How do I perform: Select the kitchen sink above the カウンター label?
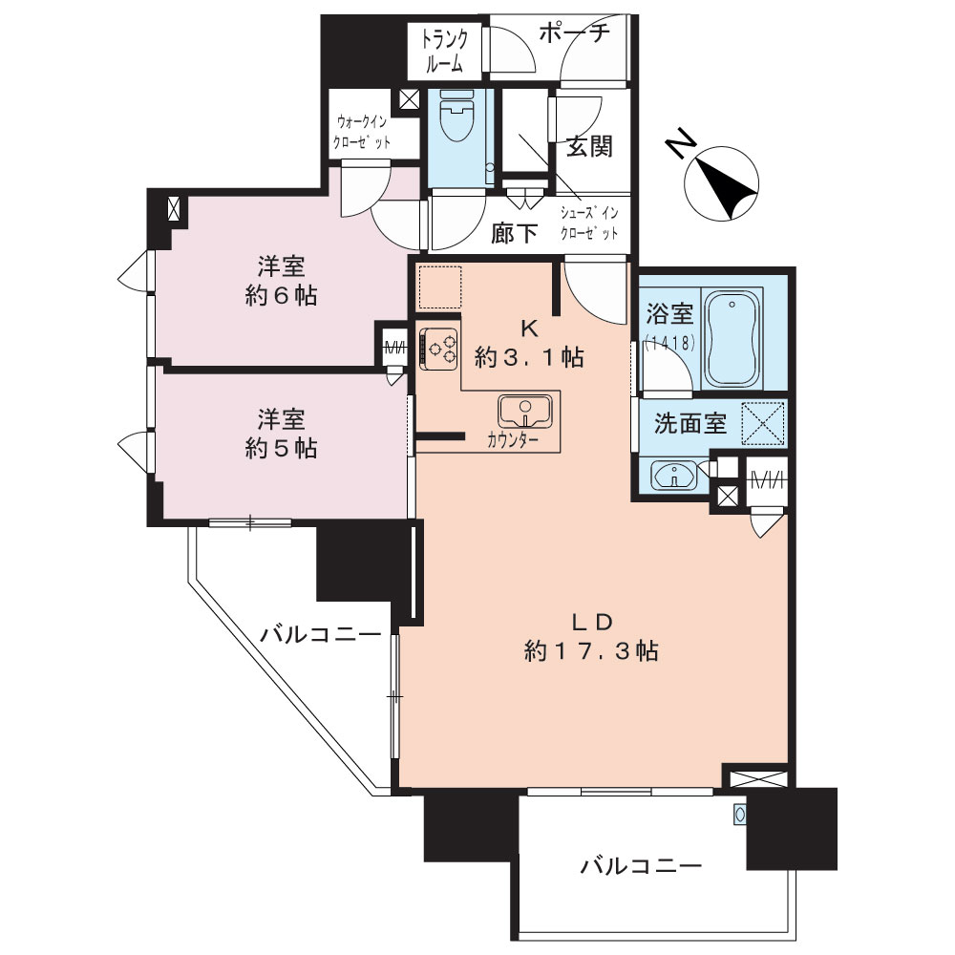(x=525, y=411)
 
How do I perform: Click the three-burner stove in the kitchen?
(x=438, y=348)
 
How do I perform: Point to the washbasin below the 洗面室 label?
(x=673, y=475)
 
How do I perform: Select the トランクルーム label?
(x=445, y=52)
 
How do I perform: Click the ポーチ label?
(x=574, y=32)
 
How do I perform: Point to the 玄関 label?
(x=589, y=147)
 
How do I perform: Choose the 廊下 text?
(x=514, y=233)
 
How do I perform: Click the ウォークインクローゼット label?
(x=362, y=132)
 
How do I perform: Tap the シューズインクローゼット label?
(x=589, y=223)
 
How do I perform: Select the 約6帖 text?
(x=281, y=296)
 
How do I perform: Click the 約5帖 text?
(x=281, y=448)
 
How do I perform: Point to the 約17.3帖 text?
(x=591, y=651)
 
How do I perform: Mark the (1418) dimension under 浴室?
(x=669, y=344)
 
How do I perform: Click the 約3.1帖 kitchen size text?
(x=529, y=357)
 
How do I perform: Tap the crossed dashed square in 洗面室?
(x=763, y=422)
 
